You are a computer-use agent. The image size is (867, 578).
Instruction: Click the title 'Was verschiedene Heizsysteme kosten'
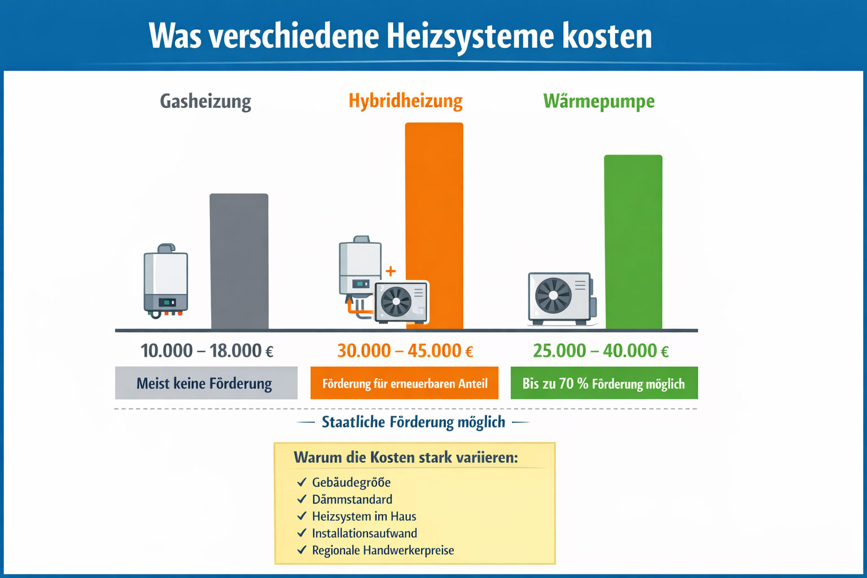(x=400, y=36)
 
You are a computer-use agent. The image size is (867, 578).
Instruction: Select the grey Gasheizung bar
(x=239, y=261)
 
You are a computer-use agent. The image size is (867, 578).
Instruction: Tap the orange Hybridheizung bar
(x=434, y=225)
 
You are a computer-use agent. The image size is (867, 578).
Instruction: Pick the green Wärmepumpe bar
(x=633, y=242)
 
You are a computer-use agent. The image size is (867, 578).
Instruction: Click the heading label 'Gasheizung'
(x=205, y=102)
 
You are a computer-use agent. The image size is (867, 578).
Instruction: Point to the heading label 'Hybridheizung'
(x=405, y=101)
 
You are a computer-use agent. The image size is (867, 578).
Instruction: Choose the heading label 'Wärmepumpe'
(x=599, y=102)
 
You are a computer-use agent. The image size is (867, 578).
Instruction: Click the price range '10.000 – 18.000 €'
(x=207, y=351)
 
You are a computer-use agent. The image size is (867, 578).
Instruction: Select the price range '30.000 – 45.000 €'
(x=405, y=351)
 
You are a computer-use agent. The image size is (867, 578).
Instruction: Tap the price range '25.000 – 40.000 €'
(x=601, y=351)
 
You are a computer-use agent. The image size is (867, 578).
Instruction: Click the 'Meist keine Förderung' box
(x=206, y=383)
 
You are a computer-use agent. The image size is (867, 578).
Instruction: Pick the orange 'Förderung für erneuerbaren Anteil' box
(x=404, y=383)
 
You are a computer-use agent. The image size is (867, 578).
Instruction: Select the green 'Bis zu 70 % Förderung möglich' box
(x=604, y=383)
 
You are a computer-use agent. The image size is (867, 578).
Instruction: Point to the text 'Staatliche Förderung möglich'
(x=413, y=422)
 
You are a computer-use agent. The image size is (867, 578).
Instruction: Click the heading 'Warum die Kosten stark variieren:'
(x=405, y=457)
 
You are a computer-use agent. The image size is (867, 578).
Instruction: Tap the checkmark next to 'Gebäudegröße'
(x=302, y=483)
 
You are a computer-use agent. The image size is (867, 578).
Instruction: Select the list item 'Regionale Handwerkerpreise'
(x=383, y=550)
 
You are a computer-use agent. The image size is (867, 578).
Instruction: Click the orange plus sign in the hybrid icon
(x=391, y=272)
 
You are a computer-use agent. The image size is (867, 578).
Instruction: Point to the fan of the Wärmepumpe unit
(x=553, y=295)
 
